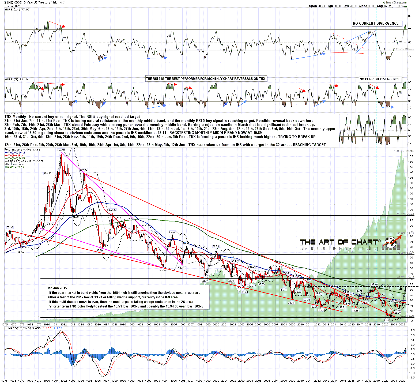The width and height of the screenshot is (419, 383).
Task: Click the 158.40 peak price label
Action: [61, 150]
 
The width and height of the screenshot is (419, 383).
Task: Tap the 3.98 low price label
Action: [386, 320]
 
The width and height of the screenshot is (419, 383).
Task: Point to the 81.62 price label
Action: [172, 232]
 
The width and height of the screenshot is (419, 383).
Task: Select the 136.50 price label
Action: [47, 174]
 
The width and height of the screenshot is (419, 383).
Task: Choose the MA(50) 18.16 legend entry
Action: [16, 156]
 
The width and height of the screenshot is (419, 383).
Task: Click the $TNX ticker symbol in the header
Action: [9, 2]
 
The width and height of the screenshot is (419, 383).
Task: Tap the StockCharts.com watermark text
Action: [397, 2]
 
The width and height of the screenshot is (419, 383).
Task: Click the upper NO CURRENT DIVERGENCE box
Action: [376, 24]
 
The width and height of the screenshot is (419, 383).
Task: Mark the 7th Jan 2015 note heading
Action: [57, 288]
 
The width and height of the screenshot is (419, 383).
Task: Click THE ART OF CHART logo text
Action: [339, 242]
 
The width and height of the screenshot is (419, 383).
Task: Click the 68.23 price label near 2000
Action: [216, 246]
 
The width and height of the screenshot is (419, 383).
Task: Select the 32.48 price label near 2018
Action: [374, 284]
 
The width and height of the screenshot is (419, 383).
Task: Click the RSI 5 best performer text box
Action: [206, 79]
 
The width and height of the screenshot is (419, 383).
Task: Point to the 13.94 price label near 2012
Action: [322, 310]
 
